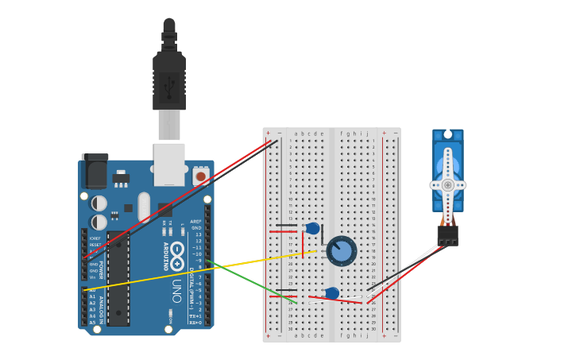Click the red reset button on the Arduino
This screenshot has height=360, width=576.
200,176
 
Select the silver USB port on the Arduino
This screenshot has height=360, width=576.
169,163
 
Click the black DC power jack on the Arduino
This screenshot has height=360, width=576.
95,171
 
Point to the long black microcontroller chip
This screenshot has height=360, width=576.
118,278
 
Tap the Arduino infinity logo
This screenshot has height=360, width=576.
177,255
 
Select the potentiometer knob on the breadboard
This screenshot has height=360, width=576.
342,251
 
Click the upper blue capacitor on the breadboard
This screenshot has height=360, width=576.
313,229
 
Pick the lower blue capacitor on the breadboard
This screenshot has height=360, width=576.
332,293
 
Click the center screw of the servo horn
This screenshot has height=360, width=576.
447,184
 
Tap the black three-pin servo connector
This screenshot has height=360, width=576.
447,235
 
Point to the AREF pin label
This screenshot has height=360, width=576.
195,222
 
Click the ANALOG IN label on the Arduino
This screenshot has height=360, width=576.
102,306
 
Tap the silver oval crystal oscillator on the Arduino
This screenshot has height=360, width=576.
144,207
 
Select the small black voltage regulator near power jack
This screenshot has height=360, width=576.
121,177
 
